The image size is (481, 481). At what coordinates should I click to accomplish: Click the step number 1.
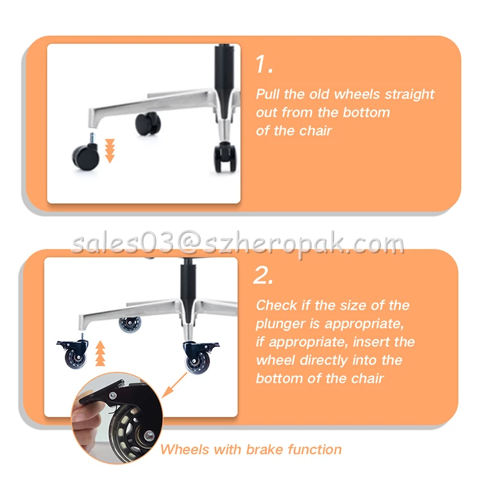264,64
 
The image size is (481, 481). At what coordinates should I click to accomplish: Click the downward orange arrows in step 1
110,149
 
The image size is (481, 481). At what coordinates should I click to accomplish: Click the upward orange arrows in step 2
99,353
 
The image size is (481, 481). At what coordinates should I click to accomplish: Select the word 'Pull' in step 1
268,94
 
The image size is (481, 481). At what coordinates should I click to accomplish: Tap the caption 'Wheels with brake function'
251,449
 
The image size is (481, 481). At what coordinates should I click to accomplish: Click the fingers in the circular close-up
84,426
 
